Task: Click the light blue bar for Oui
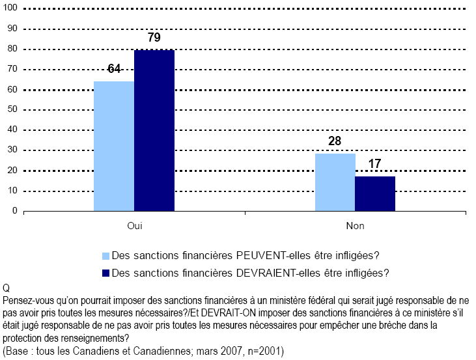[x=114, y=146]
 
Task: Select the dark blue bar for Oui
[x=154, y=130]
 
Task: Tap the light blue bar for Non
[x=335, y=182]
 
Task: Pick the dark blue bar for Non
[x=375, y=193]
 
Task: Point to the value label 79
[x=154, y=38]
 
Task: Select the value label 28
[x=335, y=141]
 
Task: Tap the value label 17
[x=374, y=164]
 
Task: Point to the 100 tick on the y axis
[x=10, y=8]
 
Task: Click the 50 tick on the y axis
[x=12, y=110]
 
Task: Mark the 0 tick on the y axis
[x=15, y=211]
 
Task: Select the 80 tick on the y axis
[x=12, y=49]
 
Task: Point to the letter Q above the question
[x=7, y=288]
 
